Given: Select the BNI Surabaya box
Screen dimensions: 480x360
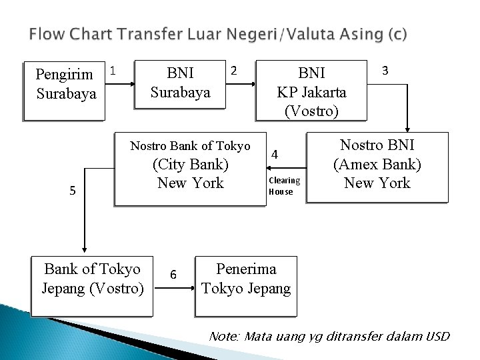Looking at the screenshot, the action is (180, 83).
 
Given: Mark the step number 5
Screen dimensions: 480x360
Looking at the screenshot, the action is (73, 191).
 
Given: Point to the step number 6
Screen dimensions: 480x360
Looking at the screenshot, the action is (173, 275).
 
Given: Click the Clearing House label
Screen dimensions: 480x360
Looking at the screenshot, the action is (284, 186).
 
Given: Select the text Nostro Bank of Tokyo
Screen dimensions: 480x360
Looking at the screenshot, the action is (190, 146).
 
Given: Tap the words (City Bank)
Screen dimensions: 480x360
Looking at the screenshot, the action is (191, 164).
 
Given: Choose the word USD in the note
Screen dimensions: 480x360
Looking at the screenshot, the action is (437, 337).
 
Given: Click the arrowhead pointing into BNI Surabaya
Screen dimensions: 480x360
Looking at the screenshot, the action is (133, 84).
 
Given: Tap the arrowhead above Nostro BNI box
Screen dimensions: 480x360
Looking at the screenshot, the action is (408, 131).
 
